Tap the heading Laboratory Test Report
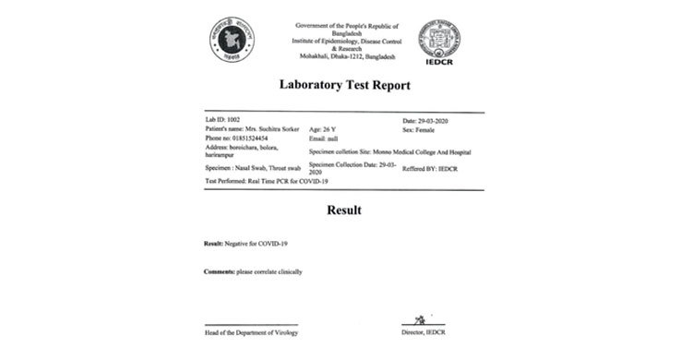coord(345,86)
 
